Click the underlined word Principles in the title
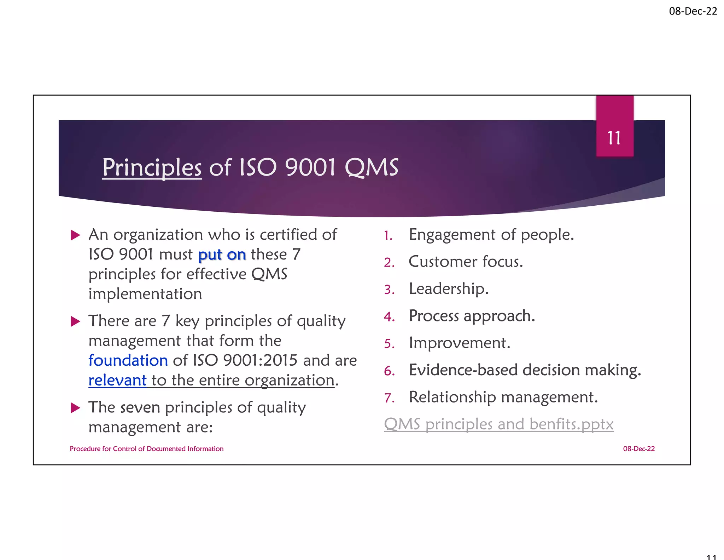point(152,167)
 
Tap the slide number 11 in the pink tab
point(614,138)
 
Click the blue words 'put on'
point(222,255)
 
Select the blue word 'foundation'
point(128,360)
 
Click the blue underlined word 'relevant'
point(117,380)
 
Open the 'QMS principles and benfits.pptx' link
point(498,424)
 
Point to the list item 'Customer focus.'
point(465,262)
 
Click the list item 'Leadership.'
point(448,288)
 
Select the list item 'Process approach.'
point(472,316)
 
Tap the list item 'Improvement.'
point(459,343)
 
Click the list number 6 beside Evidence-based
point(389,371)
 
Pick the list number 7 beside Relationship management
point(389,398)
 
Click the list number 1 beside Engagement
point(388,235)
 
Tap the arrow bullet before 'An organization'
point(75,235)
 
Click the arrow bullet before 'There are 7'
point(75,321)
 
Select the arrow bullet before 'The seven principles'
point(75,408)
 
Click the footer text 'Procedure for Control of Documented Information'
point(146,449)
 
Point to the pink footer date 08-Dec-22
point(638,449)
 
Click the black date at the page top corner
point(693,11)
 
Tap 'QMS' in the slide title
point(371,167)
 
